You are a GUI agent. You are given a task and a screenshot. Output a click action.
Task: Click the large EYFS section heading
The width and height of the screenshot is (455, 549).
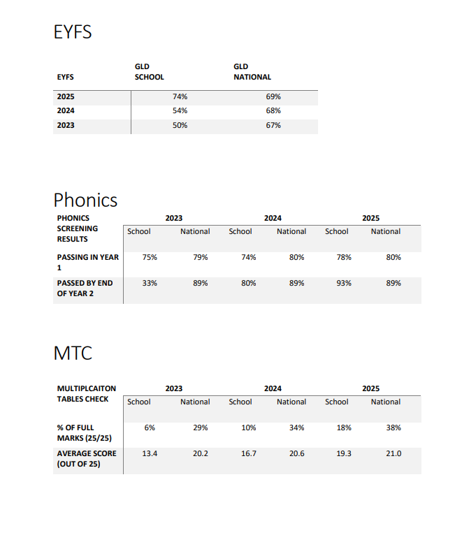[x=73, y=31]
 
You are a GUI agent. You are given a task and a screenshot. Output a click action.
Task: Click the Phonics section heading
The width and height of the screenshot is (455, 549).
[x=85, y=200]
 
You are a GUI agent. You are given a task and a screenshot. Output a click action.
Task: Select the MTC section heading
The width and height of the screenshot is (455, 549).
[x=73, y=353]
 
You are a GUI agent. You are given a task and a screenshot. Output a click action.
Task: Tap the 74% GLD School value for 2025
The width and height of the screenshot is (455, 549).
[x=180, y=96]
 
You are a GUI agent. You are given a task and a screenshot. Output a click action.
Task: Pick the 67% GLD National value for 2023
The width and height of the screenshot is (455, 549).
[x=273, y=125]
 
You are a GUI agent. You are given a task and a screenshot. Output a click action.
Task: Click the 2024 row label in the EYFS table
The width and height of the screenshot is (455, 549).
[x=66, y=110]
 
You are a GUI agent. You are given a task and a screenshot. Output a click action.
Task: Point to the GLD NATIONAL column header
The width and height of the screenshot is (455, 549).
[x=252, y=72]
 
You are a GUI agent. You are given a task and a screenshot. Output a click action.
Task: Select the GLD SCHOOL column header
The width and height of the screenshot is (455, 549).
[x=149, y=72]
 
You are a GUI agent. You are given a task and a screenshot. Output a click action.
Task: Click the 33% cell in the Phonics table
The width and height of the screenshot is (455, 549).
[x=150, y=283]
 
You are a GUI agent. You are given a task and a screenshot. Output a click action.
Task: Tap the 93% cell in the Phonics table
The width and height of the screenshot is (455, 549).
[x=344, y=283]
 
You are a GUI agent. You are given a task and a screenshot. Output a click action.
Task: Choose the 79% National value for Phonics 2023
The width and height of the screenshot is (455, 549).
[x=201, y=257]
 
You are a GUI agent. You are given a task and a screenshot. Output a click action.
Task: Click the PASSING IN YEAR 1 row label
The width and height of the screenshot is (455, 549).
[x=87, y=262]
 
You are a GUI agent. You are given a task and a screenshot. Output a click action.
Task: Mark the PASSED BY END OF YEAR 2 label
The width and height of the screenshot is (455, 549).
[x=85, y=288]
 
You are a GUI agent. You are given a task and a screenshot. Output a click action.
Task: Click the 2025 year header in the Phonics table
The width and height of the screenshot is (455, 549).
[x=370, y=218]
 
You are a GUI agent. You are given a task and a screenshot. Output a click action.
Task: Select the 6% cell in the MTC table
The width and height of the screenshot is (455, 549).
[x=150, y=427]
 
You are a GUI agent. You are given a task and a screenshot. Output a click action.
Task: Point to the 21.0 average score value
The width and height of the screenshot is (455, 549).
[x=393, y=453]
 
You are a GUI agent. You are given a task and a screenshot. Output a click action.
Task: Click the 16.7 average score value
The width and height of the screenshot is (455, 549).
[x=249, y=453]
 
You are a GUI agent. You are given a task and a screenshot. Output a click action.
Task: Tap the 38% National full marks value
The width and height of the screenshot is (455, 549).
[x=393, y=427]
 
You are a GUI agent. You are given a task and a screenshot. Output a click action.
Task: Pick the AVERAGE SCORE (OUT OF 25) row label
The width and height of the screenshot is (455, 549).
[x=86, y=458]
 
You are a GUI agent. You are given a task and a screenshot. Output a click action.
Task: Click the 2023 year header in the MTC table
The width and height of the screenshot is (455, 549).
[x=174, y=388]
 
